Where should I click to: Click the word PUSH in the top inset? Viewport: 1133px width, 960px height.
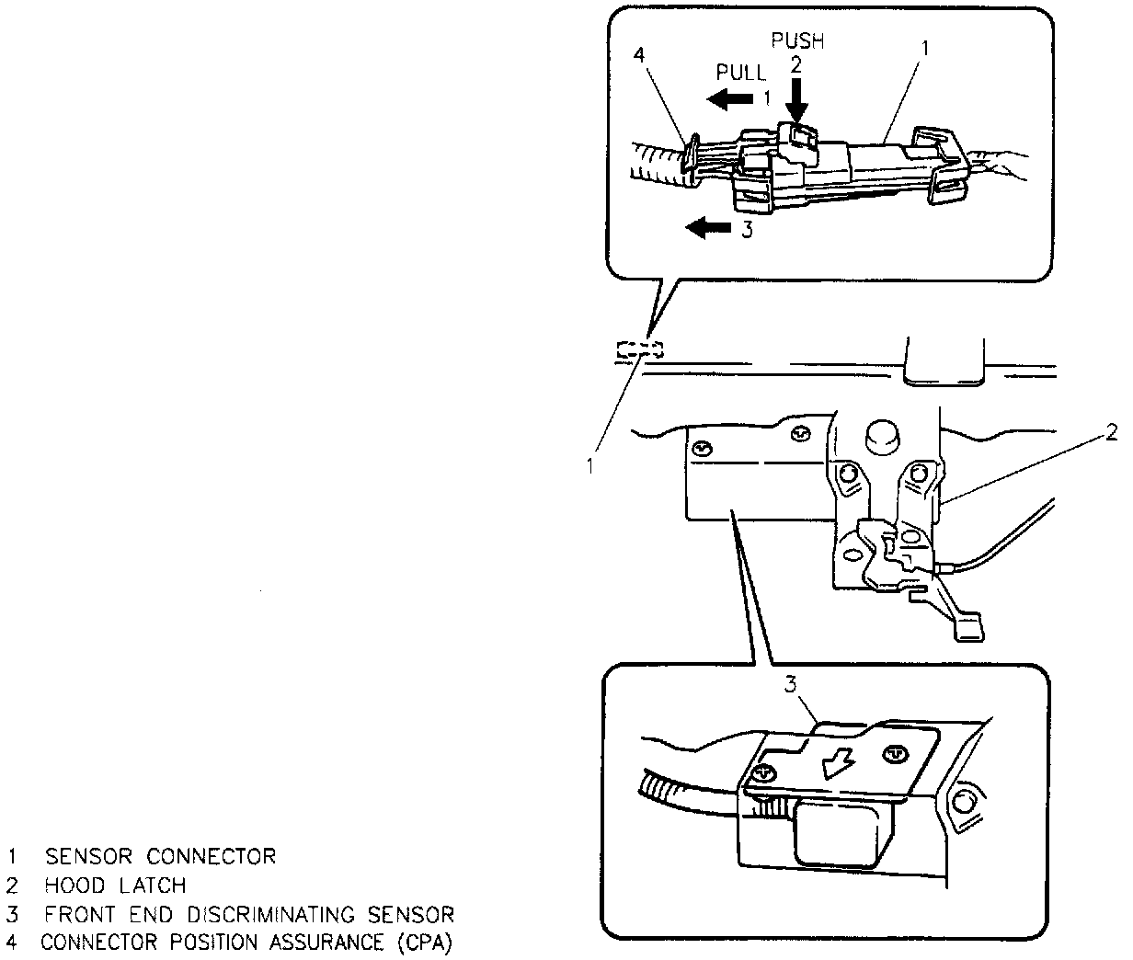(797, 40)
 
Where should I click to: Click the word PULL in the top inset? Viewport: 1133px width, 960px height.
(740, 73)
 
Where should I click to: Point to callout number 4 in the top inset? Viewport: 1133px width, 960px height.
(640, 55)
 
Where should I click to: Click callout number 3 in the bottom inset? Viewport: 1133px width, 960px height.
(790, 683)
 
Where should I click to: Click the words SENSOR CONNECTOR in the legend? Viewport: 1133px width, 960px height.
(161, 857)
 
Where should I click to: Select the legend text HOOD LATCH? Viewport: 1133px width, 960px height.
(115, 886)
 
